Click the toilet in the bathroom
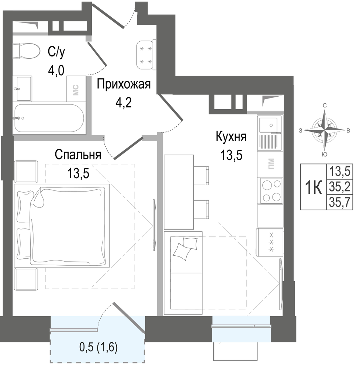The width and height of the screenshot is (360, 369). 26,51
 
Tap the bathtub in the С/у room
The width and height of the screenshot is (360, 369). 49,118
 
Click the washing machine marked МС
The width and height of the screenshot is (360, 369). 76,89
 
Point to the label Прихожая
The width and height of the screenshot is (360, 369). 124,84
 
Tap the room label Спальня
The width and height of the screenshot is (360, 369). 78,155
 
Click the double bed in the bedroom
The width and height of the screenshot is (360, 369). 62,225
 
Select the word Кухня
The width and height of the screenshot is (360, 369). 231,137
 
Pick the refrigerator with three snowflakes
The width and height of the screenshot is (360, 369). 270,242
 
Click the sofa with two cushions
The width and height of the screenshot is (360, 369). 183,273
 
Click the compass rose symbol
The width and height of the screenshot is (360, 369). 325,130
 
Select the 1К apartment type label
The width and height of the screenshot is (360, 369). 314,187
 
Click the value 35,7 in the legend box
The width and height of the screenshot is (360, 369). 340,202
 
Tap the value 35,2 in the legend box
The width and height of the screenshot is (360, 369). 340,187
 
